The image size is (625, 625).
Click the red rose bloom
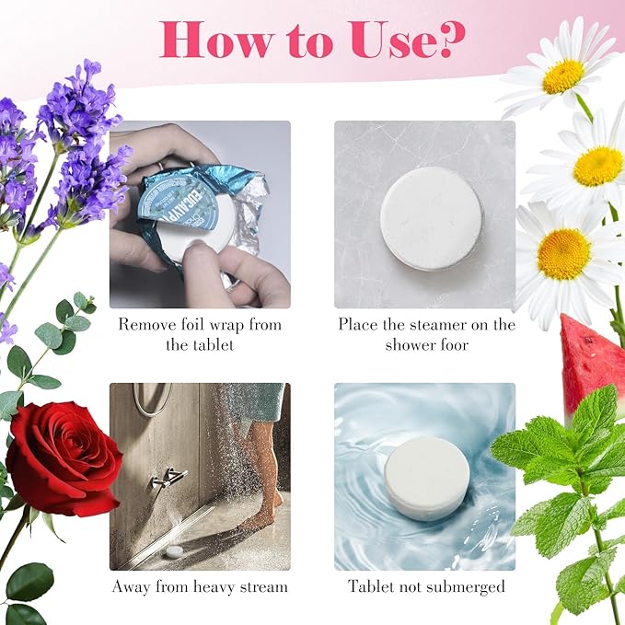point(63,458)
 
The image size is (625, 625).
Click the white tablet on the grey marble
point(432,218)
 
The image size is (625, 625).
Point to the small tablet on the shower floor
point(175,551)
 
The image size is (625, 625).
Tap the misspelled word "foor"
point(454,344)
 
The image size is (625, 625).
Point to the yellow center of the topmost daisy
point(563,75)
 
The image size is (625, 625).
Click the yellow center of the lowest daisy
point(563,254)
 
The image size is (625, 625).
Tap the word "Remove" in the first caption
point(143,324)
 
